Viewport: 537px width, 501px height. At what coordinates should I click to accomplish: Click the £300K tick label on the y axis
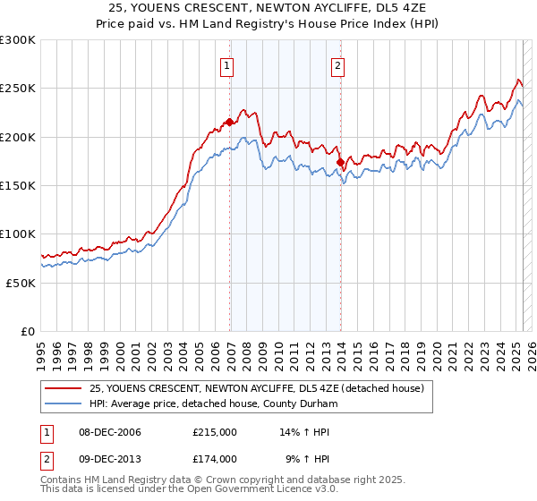coord(18,40)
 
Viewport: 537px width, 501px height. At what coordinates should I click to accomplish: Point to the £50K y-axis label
coord(21,282)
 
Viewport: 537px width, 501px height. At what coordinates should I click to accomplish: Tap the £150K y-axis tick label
coord(18,185)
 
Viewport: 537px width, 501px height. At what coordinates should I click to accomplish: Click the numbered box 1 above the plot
coord(227,64)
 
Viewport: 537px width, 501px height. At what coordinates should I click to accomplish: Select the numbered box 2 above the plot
coord(337,64)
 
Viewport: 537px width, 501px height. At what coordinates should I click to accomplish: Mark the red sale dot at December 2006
coord(230,122)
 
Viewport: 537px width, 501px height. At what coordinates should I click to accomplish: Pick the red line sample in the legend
coord(63,387)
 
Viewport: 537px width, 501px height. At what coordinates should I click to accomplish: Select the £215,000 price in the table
coord(215,433)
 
